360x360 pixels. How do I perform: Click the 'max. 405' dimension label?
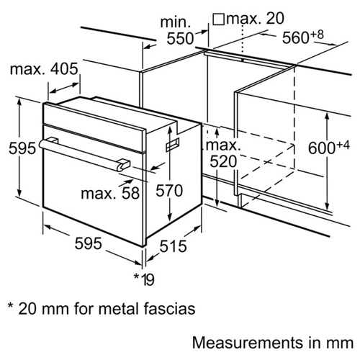click(44, 69)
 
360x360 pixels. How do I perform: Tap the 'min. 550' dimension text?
click(177, 30)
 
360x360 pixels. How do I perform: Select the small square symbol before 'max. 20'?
click(218, 19)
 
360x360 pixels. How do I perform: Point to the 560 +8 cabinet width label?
click(302, 37)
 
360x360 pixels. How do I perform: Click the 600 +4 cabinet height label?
click(329, 147)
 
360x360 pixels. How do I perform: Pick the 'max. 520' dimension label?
click(223, 153)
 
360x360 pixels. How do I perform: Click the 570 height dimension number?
click(169, 191)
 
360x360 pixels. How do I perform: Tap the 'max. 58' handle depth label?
click(110, 193)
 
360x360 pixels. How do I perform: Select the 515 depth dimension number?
click(173, 246)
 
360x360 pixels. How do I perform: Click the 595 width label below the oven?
click(88, 243)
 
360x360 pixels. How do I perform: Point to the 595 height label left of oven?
click(22, 148)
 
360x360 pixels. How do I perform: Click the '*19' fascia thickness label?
click(144, 279)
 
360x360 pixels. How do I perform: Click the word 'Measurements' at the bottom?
click(247, 343)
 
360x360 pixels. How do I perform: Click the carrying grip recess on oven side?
click(173, 145)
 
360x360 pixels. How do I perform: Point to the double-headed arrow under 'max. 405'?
click(65, 88)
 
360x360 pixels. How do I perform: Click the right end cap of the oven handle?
click(124, 165)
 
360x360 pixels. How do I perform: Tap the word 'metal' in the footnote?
click(120, 309)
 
